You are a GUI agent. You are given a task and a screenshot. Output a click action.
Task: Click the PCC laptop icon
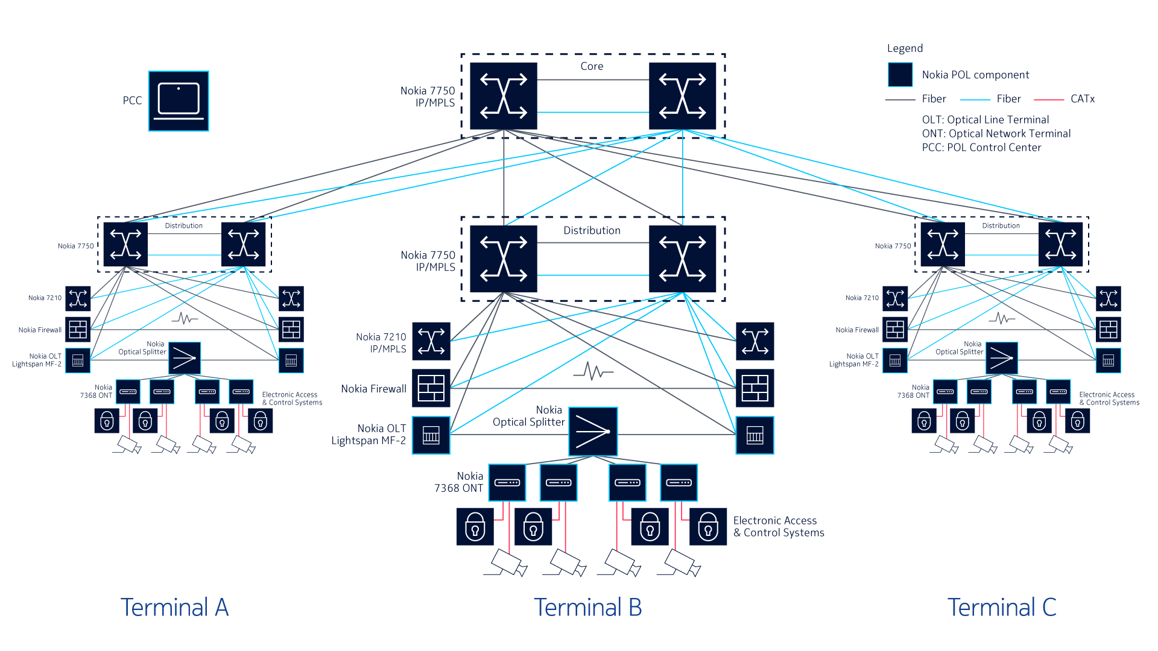pyautogui.click(x=179, y=101)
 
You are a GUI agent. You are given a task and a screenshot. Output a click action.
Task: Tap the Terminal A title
pyautogui.click(x=174, y=607)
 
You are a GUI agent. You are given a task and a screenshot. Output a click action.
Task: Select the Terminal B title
pyautogui.click(x=587, y=607)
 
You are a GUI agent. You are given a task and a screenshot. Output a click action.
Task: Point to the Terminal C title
pyautogui.click(x=1002, y=607)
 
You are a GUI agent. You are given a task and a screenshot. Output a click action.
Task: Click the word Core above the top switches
pyautogui.click(x=592, y=66)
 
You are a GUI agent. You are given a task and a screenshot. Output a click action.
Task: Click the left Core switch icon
pyautogui.click(x=504, y=96)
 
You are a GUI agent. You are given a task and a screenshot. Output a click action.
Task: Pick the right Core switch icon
pyautogui.click(x=683, y=96)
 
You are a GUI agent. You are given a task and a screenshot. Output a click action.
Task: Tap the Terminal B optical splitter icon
pyautogui.click(x=593, y=432)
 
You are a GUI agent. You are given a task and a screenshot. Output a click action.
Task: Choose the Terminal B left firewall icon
pyautogui.click(x=431, y=388)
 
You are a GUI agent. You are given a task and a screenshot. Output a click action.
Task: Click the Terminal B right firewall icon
pyautogui.click(x=755, y=388)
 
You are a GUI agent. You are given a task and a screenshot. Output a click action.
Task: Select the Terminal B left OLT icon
pyautogui.click(x=431, y=435)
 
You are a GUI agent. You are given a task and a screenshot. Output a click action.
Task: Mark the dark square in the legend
pyautogui.click(x=900, y=75)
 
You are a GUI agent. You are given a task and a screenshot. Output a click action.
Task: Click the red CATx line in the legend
pyautogui.click(x=1049, y=99)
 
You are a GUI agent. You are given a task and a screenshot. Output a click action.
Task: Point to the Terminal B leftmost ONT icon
pyautogui.click(x=507, y=482)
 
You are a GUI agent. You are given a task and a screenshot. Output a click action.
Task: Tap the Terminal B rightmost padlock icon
pyautogui.click(x=708, y=527)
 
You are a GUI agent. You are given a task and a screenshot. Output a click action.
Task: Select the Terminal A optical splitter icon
pyautogui.click(x=185, y=359)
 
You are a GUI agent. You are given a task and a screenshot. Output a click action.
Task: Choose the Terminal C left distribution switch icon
pyautogui.click(x=943, y=244)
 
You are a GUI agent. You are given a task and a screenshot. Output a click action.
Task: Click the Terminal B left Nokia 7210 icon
pyautogui.click(x=431, y=341)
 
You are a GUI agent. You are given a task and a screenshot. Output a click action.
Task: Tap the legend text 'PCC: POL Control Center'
pyautogui.click(x=981, y=148)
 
